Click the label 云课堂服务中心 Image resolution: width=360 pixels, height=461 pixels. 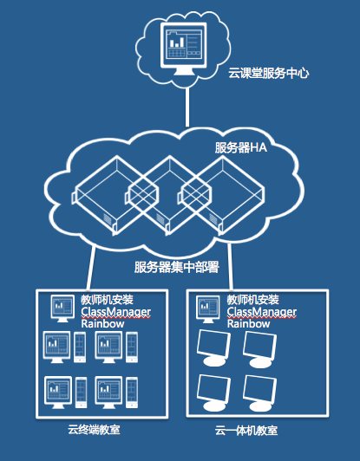268,73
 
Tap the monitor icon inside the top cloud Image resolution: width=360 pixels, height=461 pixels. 183,49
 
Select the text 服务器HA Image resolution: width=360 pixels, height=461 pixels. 241,147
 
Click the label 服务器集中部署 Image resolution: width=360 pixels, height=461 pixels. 177,267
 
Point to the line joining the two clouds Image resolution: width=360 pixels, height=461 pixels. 187,107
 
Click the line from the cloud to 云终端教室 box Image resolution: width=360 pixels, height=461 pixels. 91,268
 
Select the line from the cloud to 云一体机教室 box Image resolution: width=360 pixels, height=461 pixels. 230,267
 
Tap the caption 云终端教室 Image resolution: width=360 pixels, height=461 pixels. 94,430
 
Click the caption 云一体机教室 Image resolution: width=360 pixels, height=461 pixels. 246,431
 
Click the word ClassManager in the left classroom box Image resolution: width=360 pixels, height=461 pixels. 116,312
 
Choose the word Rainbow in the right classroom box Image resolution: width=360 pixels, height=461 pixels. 248,324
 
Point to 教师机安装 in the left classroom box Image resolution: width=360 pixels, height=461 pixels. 108,300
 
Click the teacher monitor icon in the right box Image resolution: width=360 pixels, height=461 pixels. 208,309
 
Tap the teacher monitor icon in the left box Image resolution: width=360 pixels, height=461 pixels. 62,308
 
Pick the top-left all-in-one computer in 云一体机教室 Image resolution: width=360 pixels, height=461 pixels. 213,348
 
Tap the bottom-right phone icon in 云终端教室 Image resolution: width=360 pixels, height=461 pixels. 132,393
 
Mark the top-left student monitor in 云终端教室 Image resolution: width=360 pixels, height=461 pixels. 56,347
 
